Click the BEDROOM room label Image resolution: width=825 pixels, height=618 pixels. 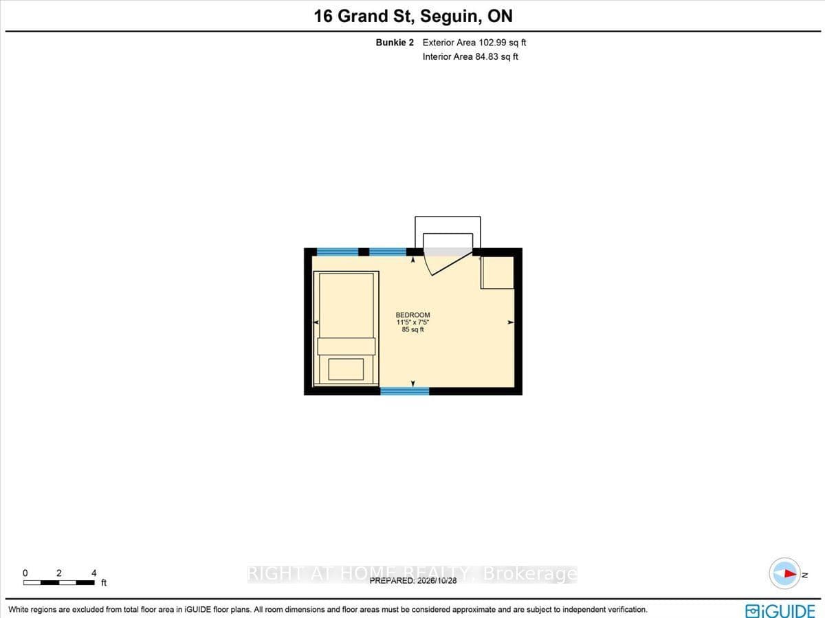(x=412, y=315)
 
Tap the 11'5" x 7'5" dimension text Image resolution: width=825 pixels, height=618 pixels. (x=412, y=322)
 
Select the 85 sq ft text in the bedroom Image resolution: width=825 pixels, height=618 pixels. (x=412, y=329)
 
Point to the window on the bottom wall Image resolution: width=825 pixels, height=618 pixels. (x=405, y=391)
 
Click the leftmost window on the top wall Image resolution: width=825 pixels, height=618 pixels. (x=338, y=252)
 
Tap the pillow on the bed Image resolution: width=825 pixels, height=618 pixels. (x=346, y=369)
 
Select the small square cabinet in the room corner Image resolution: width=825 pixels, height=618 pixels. (x=497, y=273)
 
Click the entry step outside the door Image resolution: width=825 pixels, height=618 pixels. (x=448, y=225)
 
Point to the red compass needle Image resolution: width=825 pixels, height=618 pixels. (x=791, y=574)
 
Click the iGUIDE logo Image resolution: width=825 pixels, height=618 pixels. (x=780, y=611)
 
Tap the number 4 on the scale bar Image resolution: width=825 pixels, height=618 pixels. (x=94, y=573)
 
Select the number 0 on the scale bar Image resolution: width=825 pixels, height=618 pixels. (x=25, y=573)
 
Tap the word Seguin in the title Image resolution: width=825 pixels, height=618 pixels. (x=450, y=16)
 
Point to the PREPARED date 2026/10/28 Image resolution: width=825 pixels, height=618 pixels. (x=437, y=580)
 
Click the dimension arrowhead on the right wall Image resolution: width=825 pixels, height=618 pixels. (x=511, y=322)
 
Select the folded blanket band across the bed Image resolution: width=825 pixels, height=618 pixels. (x=346, y=346)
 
